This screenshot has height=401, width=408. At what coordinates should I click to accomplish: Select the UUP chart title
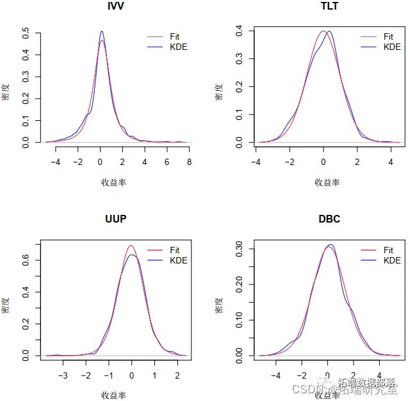point(115,219)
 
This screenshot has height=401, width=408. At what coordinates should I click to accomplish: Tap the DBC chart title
point(329,219)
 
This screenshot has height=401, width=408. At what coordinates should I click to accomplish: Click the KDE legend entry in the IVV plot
point(179,47)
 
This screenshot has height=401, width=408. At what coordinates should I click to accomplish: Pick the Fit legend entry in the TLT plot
point(388,37)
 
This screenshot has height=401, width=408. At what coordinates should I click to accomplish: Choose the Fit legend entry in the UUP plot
point(175,250)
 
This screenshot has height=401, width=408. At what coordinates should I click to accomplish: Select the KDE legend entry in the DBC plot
point(392,260)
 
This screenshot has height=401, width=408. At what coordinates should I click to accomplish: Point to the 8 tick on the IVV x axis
point(189,162)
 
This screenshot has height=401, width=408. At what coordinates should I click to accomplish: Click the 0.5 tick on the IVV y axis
point(25,31)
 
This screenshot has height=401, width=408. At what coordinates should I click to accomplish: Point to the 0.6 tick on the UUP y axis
point(25,259)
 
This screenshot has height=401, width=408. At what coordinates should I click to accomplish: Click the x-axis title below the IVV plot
point(113,182)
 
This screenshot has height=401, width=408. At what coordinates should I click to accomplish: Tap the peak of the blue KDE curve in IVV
point(101,31)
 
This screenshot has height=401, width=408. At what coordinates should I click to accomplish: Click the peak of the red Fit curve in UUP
point(131,245)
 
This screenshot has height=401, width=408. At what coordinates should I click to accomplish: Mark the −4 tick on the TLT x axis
point(256,162)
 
